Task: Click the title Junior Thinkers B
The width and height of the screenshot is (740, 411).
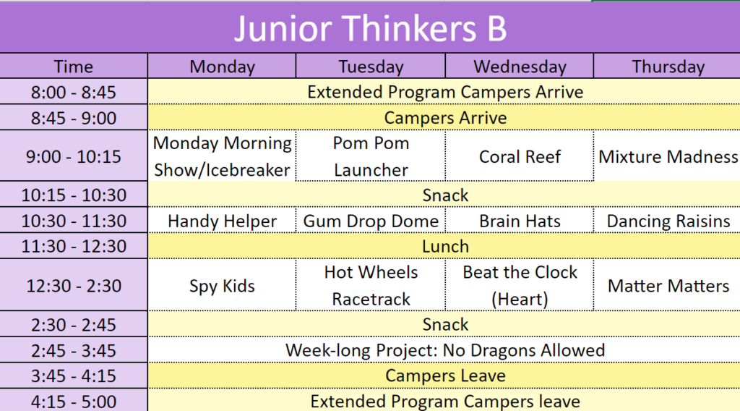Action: [x=370, y=28]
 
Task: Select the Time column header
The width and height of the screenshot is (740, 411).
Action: [x=73, y=67]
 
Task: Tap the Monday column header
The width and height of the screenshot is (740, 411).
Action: [x=222, y=67]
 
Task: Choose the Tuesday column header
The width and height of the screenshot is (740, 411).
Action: [x=371, y=67]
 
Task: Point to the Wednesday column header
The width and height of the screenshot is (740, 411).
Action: [x=520, y=67]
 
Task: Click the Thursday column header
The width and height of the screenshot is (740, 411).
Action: [x=668, y=67]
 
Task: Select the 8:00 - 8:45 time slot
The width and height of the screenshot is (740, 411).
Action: [x=73, y=92]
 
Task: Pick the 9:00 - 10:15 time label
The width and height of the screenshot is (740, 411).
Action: [x=73, y=156]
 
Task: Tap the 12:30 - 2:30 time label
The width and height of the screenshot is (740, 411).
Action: [x=73, y=286]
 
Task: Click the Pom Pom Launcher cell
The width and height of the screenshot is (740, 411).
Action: [x=371, y=156]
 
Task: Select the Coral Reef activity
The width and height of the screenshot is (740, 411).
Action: [x=520, y=156]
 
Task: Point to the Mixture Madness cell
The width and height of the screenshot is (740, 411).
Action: [x=668, y=156]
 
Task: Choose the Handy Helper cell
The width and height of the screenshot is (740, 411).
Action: [x=222, y=221]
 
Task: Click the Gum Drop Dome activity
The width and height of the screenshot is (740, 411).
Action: [x=371, y=221]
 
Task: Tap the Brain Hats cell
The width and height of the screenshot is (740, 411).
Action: [x=520, y=221]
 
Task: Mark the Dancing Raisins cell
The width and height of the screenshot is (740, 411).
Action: [x=668, y=221]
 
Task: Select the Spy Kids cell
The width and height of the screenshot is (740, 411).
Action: [x=222, y=286]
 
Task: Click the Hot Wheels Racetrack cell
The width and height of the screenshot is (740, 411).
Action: [x=371, y=285]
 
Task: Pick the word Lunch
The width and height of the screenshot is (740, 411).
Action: [x=445, y=246]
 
